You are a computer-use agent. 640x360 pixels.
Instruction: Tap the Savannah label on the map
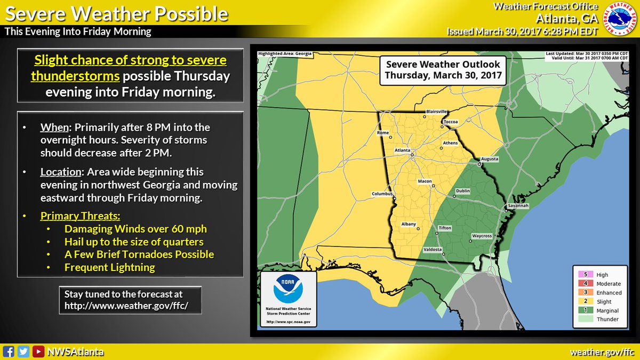tap(518, 205)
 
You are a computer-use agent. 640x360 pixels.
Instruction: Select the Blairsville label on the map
tap(436, 111)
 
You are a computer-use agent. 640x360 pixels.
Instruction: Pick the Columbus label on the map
tap(382, 194)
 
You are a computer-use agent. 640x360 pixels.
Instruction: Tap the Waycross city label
tap(482, 236)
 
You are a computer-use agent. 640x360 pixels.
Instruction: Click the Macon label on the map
tap(425, 182)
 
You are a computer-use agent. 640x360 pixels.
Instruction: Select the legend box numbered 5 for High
tap(582, 275)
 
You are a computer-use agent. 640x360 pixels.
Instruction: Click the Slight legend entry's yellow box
tap(582, 301)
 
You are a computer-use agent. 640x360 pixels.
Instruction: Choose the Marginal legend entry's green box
tap(582, 310)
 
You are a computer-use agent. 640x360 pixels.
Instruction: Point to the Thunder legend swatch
tap(582, 319)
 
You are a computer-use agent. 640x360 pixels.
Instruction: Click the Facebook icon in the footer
tap(8, 351)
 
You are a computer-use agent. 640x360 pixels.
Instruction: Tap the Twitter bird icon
tap(23, 351)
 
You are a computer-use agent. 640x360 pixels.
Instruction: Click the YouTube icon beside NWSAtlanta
tap(38, 351)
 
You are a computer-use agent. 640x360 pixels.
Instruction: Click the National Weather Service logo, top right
tap(620, 19)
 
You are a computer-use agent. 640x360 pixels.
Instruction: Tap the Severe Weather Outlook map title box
tap(443, 69)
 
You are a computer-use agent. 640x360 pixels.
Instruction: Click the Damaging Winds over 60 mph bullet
tap(135, 229)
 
